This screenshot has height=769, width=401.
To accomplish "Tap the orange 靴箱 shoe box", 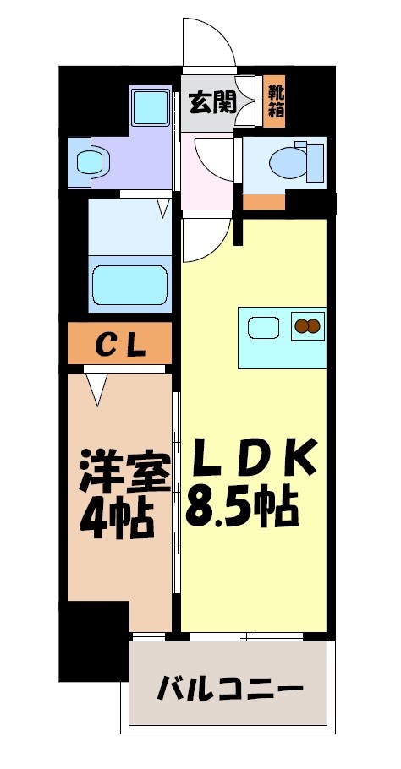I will [275, 101].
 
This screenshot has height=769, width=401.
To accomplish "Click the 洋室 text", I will [124, 472].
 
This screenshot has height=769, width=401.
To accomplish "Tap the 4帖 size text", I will [117, 519].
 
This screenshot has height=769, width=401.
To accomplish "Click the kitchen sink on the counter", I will [264, 325].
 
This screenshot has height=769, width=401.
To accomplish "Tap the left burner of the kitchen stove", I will [300, 325].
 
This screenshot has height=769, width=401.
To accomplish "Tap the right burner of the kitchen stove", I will [314, 325].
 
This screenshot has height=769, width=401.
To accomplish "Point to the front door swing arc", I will [207, 42].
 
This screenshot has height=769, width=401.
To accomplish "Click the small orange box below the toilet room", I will [264, 201].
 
